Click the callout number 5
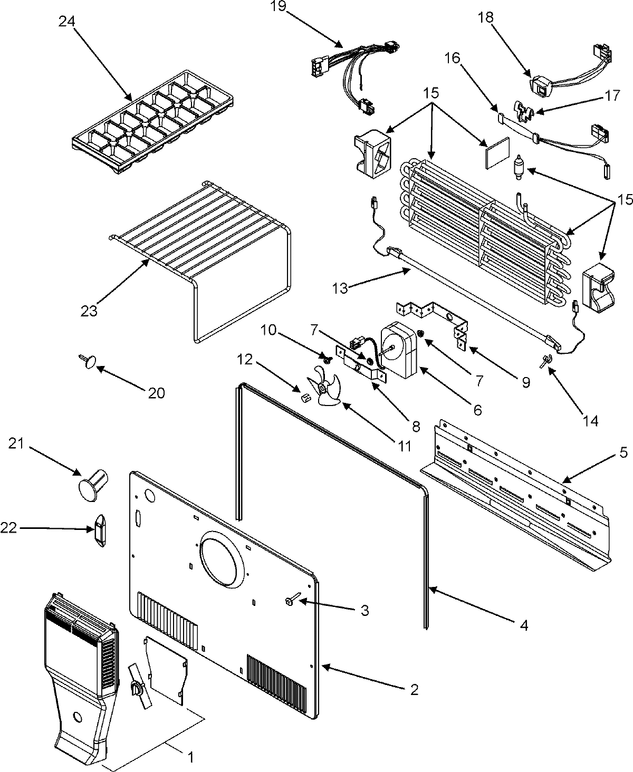[623, 452]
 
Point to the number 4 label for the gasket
[523, 625]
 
